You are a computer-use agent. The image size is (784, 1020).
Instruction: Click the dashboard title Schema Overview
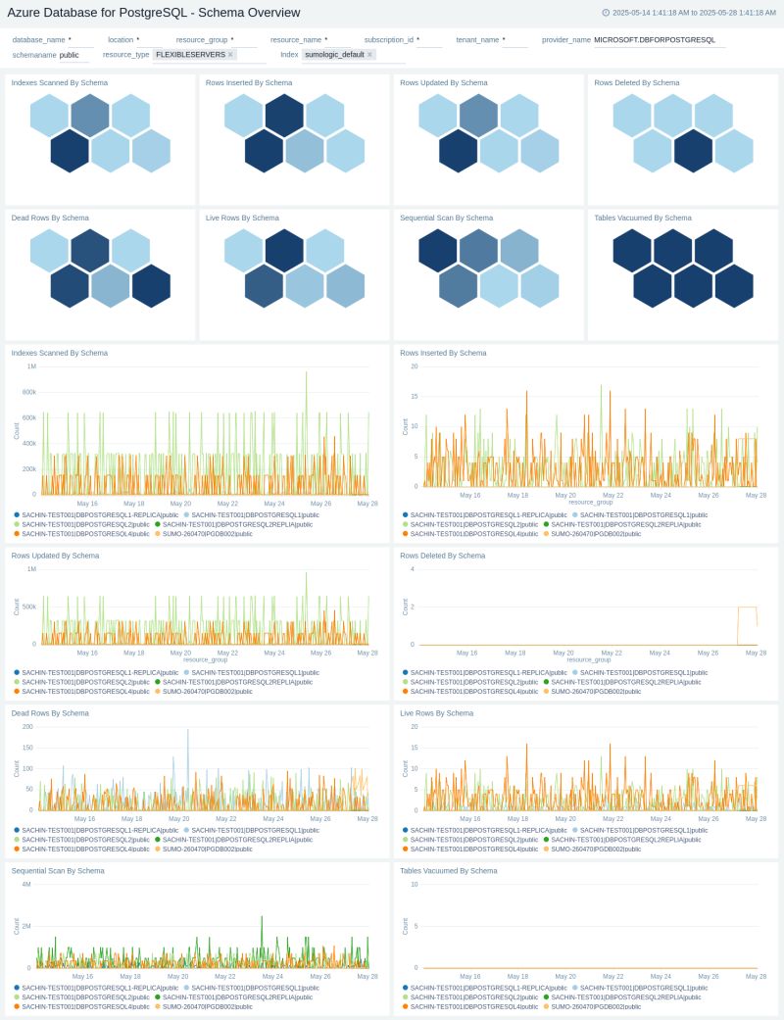pos(153,13)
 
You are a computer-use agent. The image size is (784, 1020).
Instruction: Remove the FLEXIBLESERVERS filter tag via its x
pos(230,55)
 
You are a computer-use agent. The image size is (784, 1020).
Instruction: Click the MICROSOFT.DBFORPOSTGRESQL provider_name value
pos(654,40)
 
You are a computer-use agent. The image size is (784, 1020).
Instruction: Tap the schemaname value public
pos(70,55)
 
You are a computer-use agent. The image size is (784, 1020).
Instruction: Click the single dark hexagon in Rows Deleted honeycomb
pos(693,150)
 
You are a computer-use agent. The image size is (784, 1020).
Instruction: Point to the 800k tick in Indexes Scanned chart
pos(29,392)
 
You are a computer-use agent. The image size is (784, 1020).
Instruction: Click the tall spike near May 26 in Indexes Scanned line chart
pos(307,374)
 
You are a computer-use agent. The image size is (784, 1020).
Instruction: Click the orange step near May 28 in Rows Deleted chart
pos(747,608)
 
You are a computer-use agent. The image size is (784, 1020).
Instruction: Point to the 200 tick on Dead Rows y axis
pos(27,726)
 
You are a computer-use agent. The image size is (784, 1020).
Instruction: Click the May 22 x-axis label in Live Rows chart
pos(612,818)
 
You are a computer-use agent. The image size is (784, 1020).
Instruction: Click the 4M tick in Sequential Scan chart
pos(27,885)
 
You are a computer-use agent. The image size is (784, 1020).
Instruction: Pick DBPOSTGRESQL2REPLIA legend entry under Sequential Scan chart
pos(237,996)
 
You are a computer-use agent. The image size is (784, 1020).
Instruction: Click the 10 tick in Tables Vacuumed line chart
pos(416,885)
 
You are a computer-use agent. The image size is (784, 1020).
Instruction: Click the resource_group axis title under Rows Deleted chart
pos(590,659)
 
